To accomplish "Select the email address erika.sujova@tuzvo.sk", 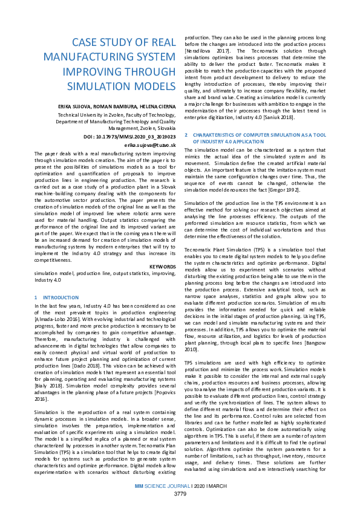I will point(150,146).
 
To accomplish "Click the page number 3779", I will point(180,494).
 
